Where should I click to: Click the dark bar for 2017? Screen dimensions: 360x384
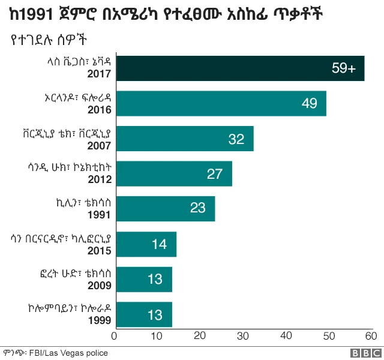pyautogui.click(x=239, y=68)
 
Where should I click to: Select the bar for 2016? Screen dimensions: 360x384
pyautogui.click(x=220, y=103)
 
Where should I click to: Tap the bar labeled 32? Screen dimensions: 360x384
pyautogui.click(x=184, y=139)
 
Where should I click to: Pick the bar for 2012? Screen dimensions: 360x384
pyautogui.click(x=173, y=174)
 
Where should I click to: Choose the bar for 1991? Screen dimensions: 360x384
pyautogui.click(x=164, y=209)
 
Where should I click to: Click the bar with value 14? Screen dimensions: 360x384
pyautogui.click(x=145, y=244)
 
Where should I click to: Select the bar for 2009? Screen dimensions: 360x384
pyautogui.click(x=143, y=279)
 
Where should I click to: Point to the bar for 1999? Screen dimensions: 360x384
pyautogui.click(x=143, y=314)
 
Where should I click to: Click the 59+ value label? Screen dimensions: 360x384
pyautogui.click(x=344, y=68)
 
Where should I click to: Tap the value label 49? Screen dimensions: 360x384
pyautogui.click(x=309, y=103)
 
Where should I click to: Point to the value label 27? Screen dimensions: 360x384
pyautogui.click(x=215, y=174)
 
